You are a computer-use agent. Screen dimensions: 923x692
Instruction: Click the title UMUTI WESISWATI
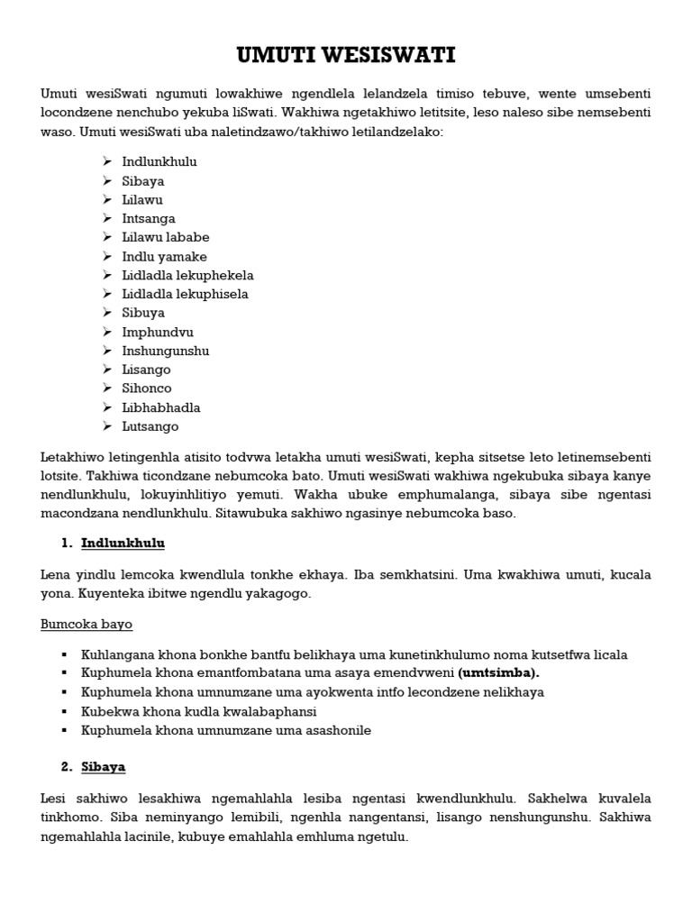[346, 57]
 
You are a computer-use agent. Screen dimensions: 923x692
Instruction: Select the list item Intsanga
[149, 218]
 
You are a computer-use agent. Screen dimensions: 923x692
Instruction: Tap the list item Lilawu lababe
[166, 237]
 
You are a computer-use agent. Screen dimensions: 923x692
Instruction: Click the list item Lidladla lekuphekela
[187, 275]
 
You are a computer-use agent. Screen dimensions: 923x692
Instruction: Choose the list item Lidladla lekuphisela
[185, 294]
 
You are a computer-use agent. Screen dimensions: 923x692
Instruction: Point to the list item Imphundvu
[158, 332]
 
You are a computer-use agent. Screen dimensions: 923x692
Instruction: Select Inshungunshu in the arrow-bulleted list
[166, 351]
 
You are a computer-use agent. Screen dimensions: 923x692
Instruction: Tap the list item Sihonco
[147, 388]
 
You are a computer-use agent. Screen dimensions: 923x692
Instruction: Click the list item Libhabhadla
[161, 407]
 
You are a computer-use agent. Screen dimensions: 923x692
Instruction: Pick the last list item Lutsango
[150, 426]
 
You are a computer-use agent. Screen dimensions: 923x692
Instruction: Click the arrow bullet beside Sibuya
[105, 313]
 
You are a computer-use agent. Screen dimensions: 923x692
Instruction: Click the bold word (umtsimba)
[501, 673]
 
